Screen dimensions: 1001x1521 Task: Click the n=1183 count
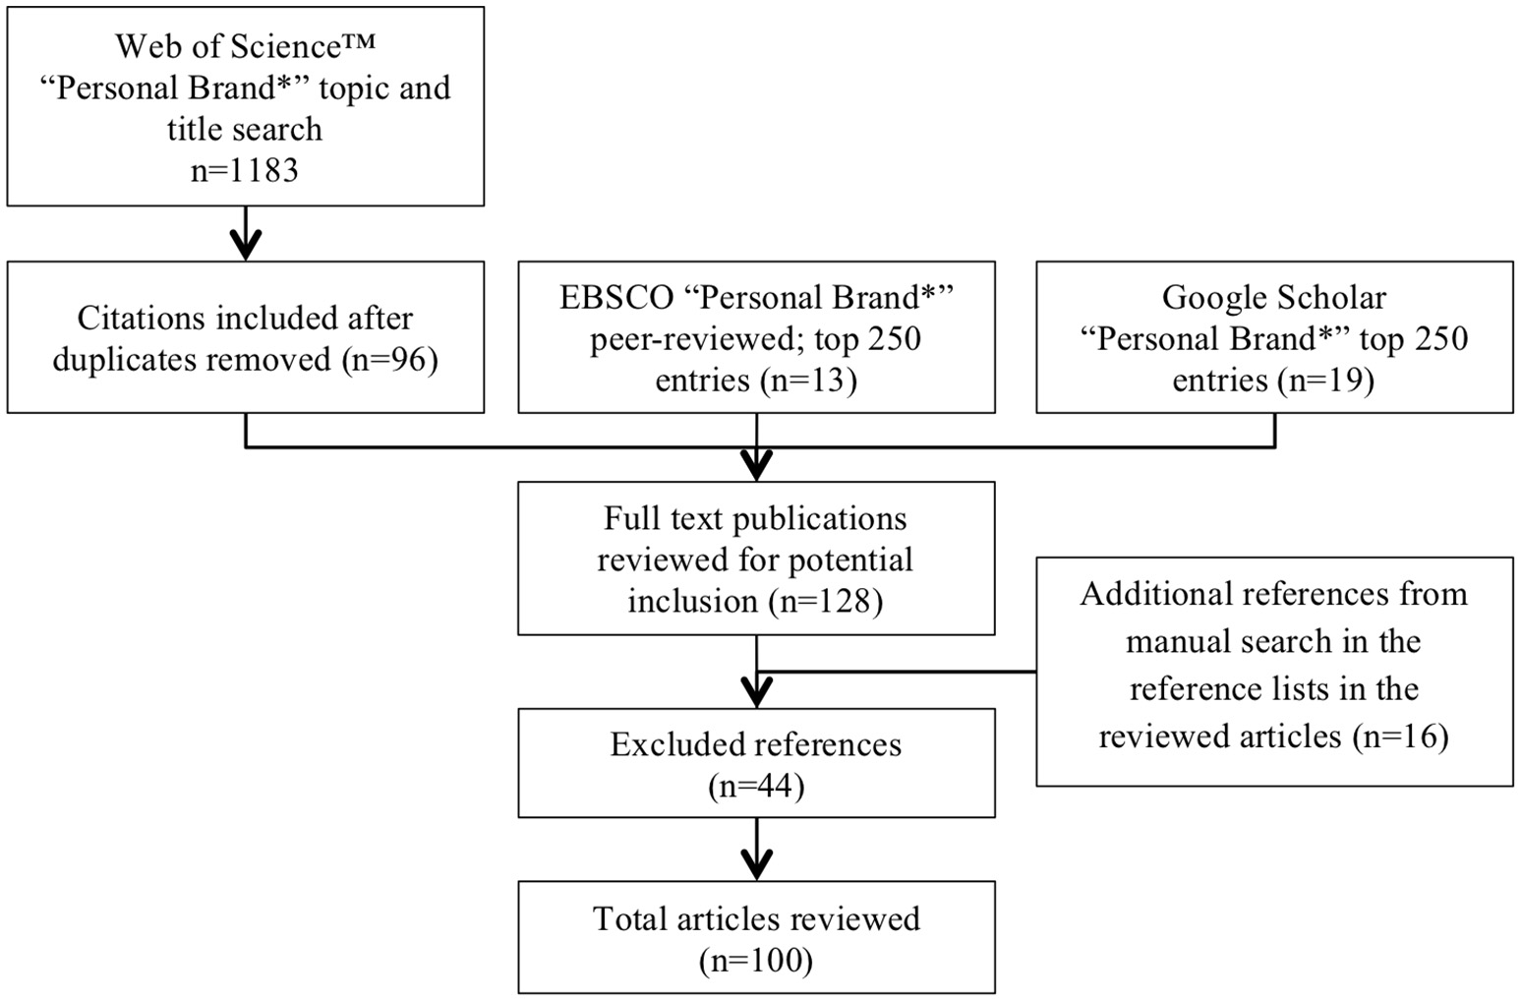(x=245, y=170)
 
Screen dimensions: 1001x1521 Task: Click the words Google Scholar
(x=1273, y=298)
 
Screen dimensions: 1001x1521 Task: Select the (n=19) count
(x=1325, y=381)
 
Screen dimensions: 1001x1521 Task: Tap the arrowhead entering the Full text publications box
(x=756, y=464)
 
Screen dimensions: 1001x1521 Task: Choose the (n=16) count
(x=1400, y=736)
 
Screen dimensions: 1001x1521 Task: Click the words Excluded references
(x=755, y=744)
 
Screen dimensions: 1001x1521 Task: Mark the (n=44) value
(x=755, y=787)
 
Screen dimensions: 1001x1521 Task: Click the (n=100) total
(x=755, y=961)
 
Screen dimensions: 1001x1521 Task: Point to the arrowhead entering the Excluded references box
(x=756, y=692)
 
